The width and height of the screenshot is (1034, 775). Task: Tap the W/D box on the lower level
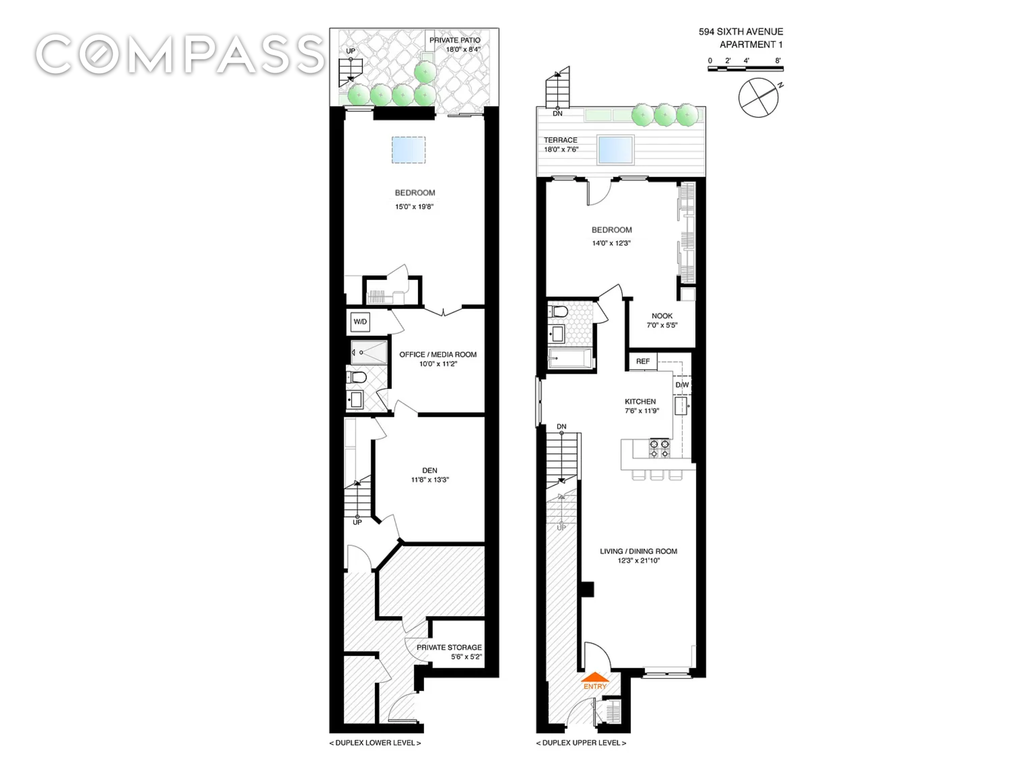click(x=360, y=322)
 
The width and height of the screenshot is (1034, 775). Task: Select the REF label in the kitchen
click(x=643, y=361)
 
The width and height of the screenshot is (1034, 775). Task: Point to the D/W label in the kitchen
click(x=682, y=385)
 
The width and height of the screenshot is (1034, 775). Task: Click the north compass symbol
click(x=759, y=97)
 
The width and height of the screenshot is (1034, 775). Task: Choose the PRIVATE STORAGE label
click(x=449, y=648)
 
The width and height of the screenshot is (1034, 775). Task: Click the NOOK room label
click(x=662, y=316)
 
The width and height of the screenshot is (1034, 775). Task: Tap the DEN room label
click(x=429, y=470)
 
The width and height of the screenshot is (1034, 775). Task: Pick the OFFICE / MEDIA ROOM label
click(x=438, y=355)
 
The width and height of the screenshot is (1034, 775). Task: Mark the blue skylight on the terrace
click(x=615, y=149)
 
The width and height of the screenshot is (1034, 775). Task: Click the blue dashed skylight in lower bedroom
click(x=408, y=150)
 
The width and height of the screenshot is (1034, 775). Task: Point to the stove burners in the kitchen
click(x=660, y=448)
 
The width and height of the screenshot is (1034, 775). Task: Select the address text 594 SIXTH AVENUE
click(x=741, y=32)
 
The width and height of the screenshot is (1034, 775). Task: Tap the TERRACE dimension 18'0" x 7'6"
click(x=561, y=149)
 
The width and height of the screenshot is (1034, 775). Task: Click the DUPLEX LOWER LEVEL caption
click(x=375, y=743)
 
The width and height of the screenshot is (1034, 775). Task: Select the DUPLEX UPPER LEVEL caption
click(x=581, y=743)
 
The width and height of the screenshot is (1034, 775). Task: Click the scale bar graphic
click(x=745, y=69)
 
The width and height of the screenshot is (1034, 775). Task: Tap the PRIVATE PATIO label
click(x=455, y=40)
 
